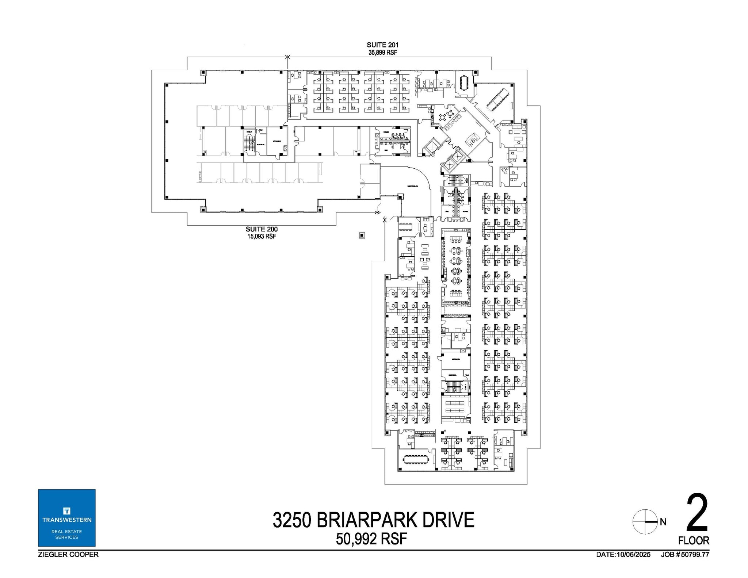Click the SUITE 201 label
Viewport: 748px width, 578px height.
[382, 45]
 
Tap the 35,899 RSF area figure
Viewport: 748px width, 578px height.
[382, 53]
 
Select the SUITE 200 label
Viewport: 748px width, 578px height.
[262, 229]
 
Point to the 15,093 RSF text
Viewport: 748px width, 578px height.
[262, 237]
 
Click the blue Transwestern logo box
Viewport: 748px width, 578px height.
[67, 518]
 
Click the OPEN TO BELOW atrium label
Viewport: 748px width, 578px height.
[412, 186]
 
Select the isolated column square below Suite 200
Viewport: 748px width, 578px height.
[362, 236]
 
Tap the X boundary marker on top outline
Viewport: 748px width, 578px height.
[287, 57]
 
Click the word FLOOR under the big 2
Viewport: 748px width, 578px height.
[694, 540]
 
